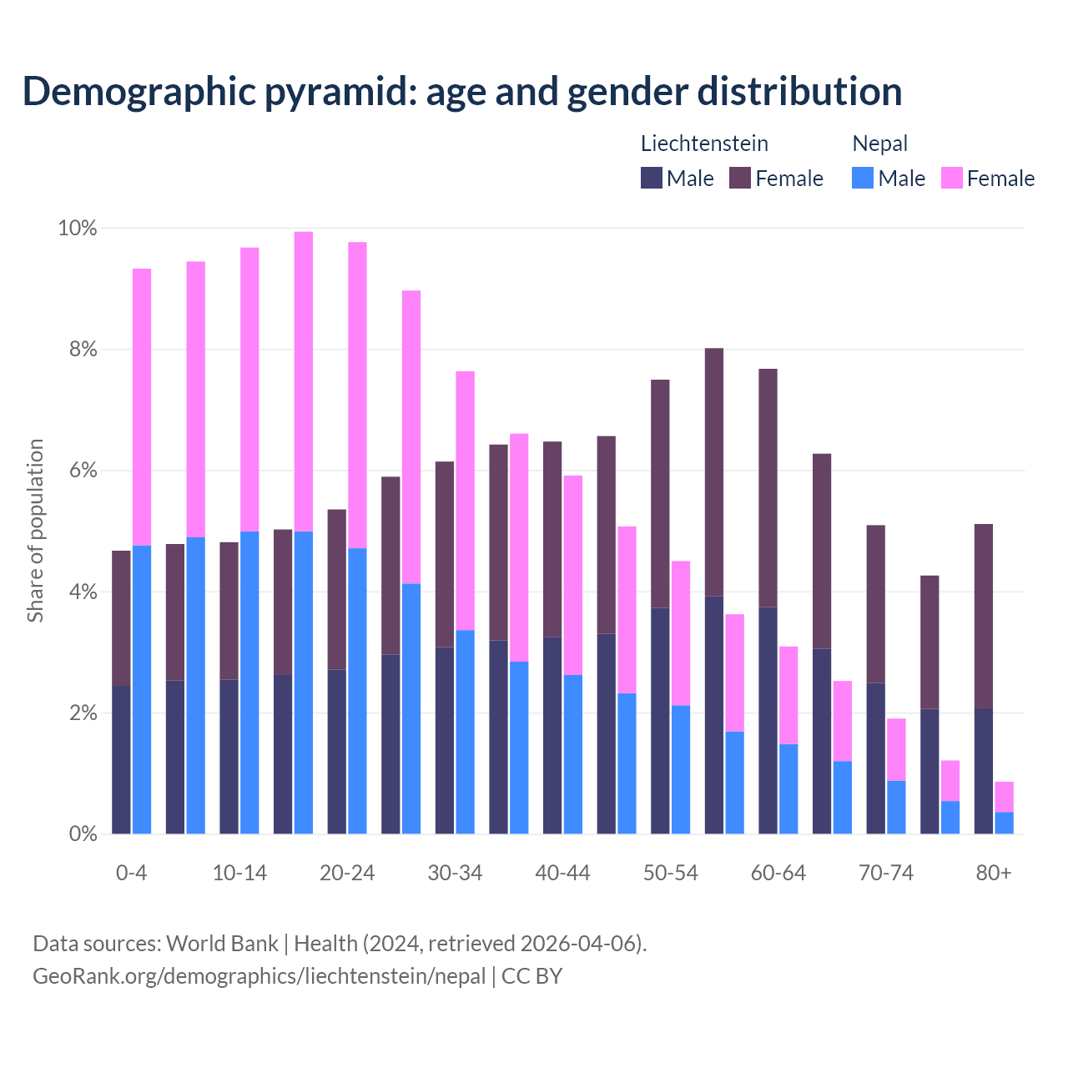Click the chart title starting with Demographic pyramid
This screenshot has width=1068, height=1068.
[x=462, y=92]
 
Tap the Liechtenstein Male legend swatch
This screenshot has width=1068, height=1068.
[x=652, y=178]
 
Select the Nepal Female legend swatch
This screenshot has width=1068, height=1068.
[x=952, y=178]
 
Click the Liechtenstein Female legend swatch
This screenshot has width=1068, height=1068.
[x=740, y=178]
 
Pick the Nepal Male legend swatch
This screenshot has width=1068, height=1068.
[x=863, y=178]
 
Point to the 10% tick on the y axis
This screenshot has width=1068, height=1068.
[x=77, y=229]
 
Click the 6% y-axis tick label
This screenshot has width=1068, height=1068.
[x=83, y=471]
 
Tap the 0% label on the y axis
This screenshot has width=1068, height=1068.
[x=83, y=834]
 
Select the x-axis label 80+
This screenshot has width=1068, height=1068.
[x=993, y=874]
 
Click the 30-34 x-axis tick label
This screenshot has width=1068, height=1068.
[x=455, y=874]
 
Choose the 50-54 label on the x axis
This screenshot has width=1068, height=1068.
[x=670, y=874]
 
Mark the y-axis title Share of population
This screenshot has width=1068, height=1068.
[x=36, y=531]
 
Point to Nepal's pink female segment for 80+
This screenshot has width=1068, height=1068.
[x=1004, y=797]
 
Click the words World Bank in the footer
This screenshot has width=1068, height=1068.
[x=222, y=944]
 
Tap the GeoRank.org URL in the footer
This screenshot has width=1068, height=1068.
[x=259, y=976]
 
